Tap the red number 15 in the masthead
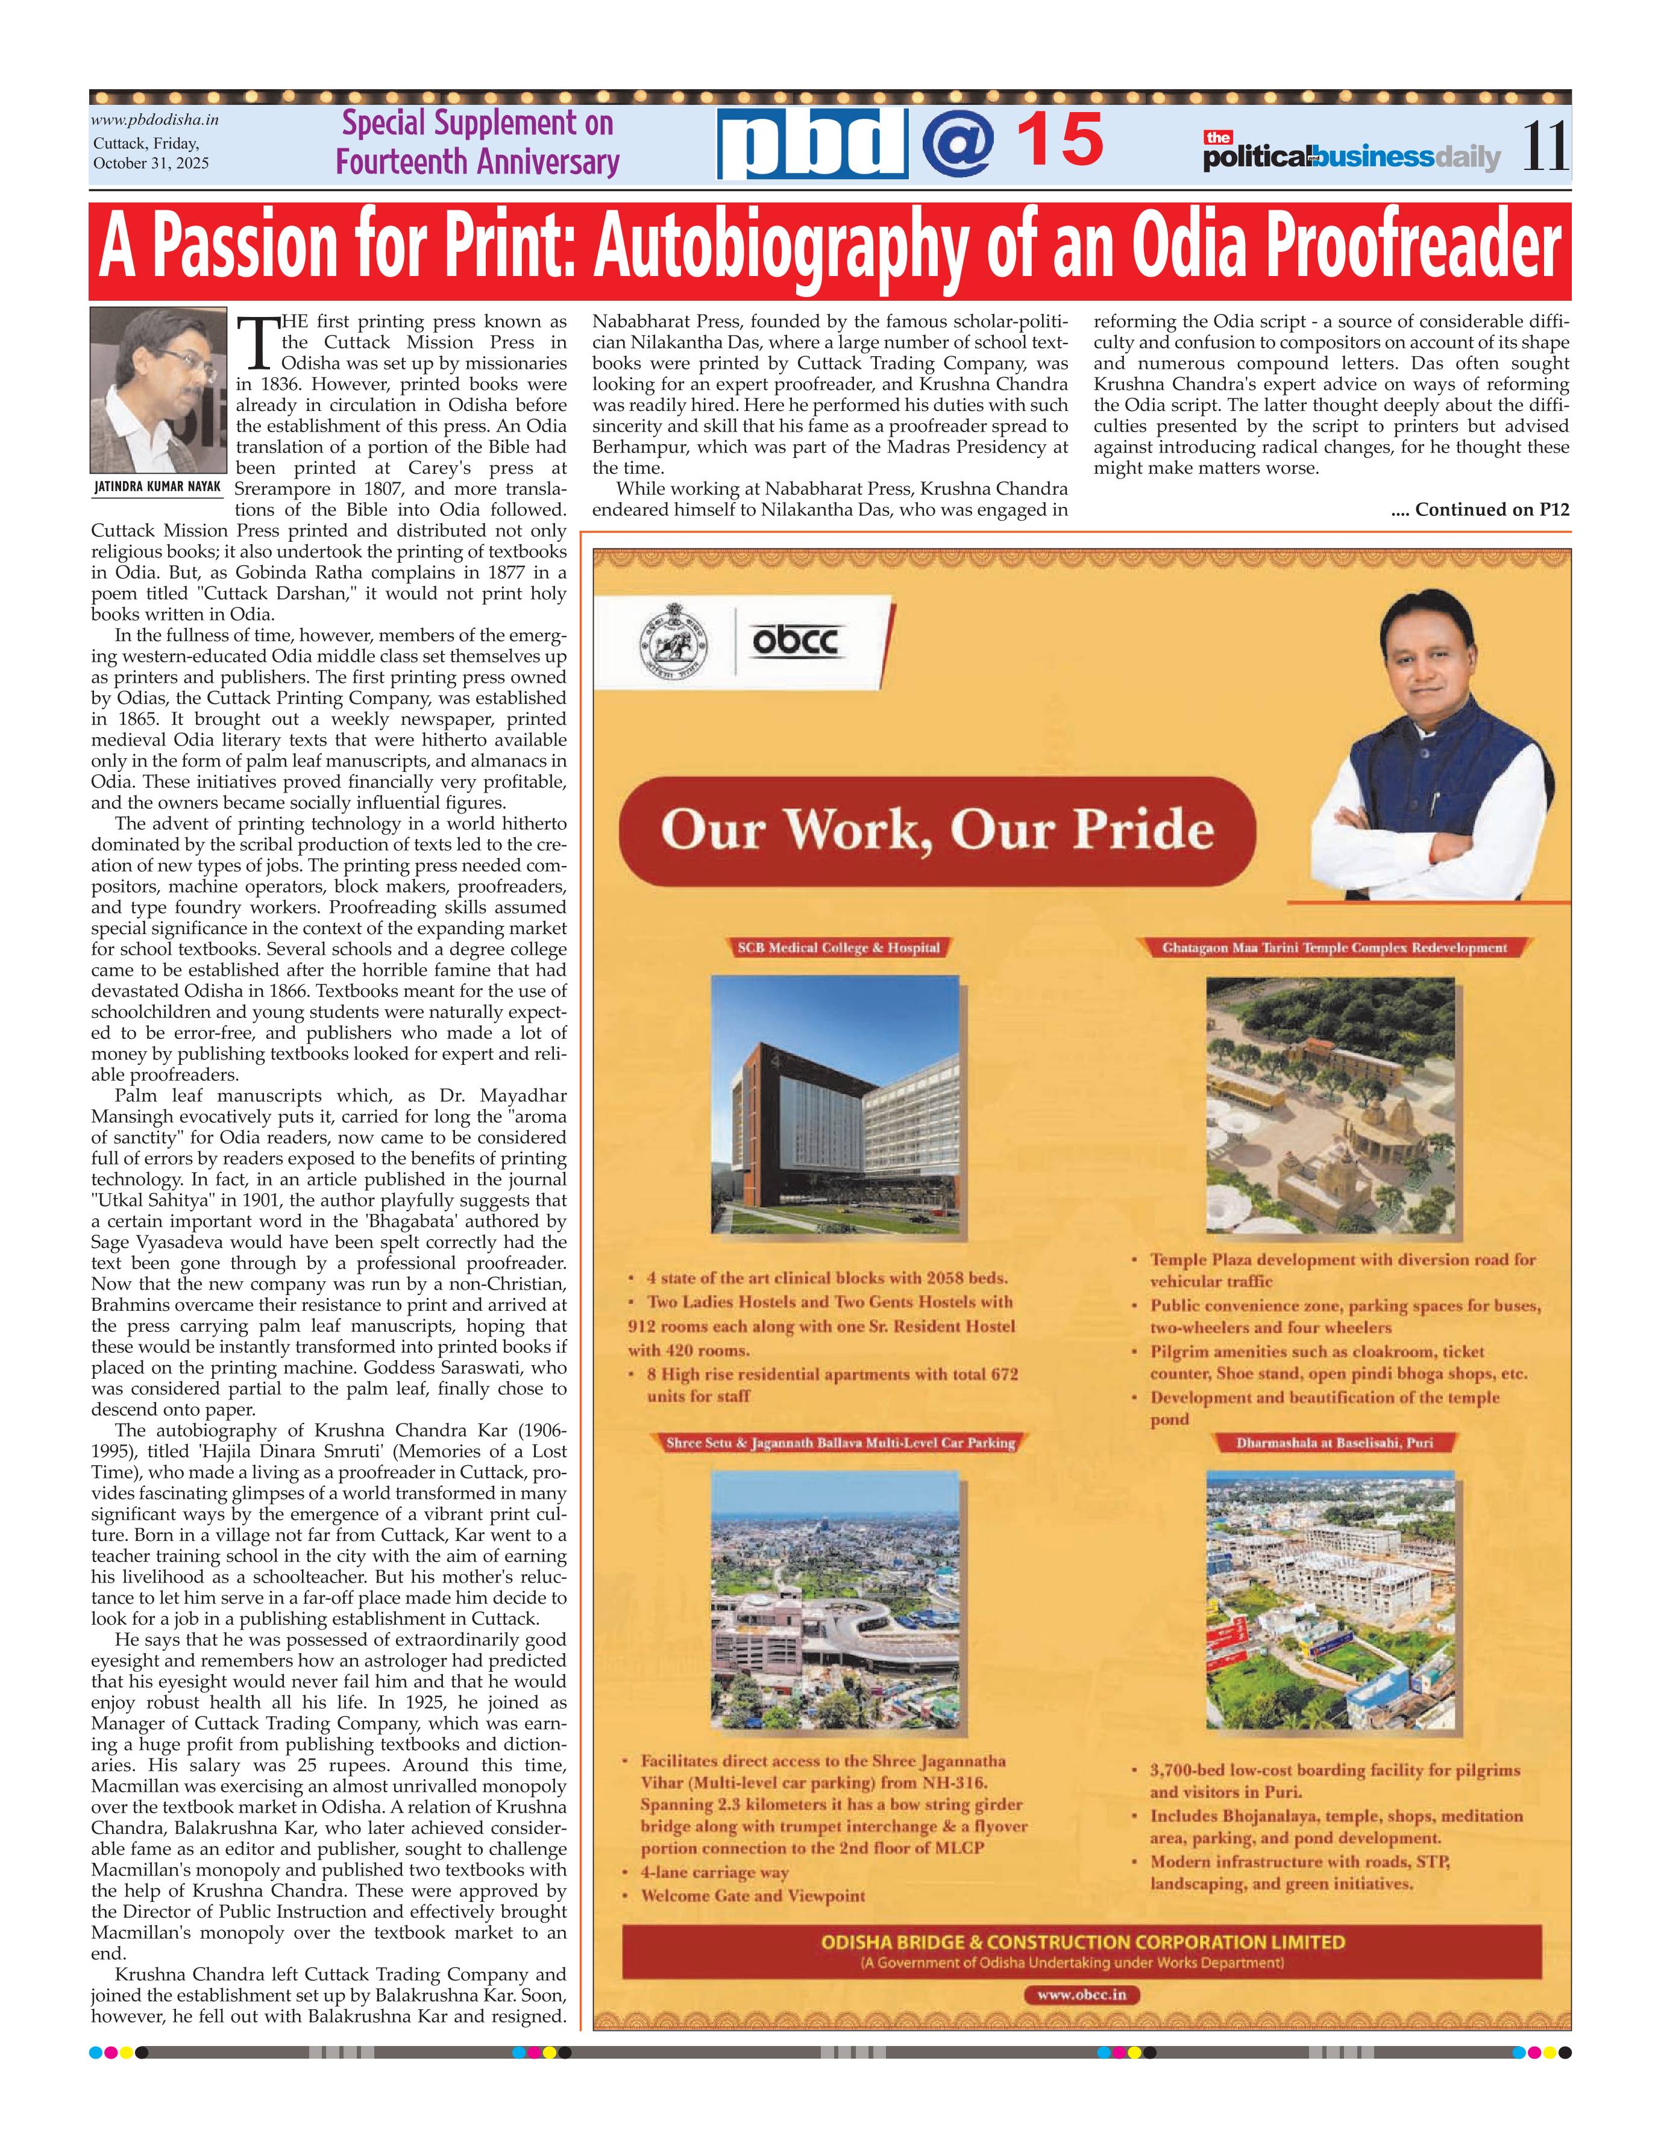coord(1060,140)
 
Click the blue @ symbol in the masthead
coord(958,143)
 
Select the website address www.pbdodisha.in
coord(154,120)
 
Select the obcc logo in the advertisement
coord(796,642)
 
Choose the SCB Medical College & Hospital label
coord(838,947)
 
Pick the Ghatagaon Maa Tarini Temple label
coord(1334,947)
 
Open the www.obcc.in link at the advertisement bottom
coord(1082,1994)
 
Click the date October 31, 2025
coord(151,163)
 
